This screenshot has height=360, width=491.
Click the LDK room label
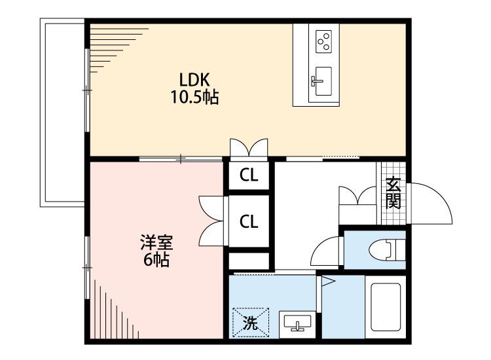pyautogui.click(x=195, y=80)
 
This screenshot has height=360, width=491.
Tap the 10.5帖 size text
pyautogui.click(x=195, y=98)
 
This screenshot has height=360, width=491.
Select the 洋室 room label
pyautogui.click(x=156, y=243)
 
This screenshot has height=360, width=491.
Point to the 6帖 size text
pyautogui.click(x=156, y=261)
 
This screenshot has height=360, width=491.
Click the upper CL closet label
pyautogui.click(x=248, y=175)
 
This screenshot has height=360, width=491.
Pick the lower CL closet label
pyautogui.click(x=248, y=222)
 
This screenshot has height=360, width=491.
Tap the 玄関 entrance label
pyautogui.click(x=393, y=192)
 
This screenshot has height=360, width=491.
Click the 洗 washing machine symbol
pyautogui.click(x=249, y=322)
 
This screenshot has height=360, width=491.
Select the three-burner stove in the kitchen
pyautogui.click(x=324, y=42)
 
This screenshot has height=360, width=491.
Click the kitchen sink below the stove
pyautogui.click(x=323, y=81)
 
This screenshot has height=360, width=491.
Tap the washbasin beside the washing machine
pyautogui.click(x=299, y=323)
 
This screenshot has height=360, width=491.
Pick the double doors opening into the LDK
pyautogui.click(x=249, y=147)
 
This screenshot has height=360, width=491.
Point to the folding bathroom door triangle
pyautogui.click(x=327, y=282)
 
